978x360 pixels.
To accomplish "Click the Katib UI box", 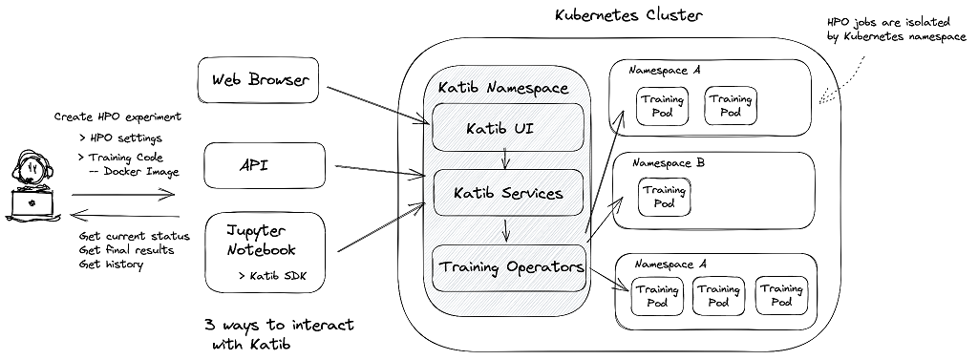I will (x=507, y=128).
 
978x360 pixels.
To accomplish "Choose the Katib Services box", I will (x=507, y=193).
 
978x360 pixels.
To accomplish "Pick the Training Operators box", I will (x=509, y=267).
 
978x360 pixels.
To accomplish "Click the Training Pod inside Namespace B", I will (x=664, y=197).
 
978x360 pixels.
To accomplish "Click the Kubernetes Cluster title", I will (x=628, y=15).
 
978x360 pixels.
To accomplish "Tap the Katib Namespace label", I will (x=502, y=88).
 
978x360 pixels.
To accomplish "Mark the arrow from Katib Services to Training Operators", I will (x=507, y=230).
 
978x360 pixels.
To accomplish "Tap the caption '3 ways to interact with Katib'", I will (x=278, y=334).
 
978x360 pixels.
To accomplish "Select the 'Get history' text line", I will (x=111, y=264).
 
